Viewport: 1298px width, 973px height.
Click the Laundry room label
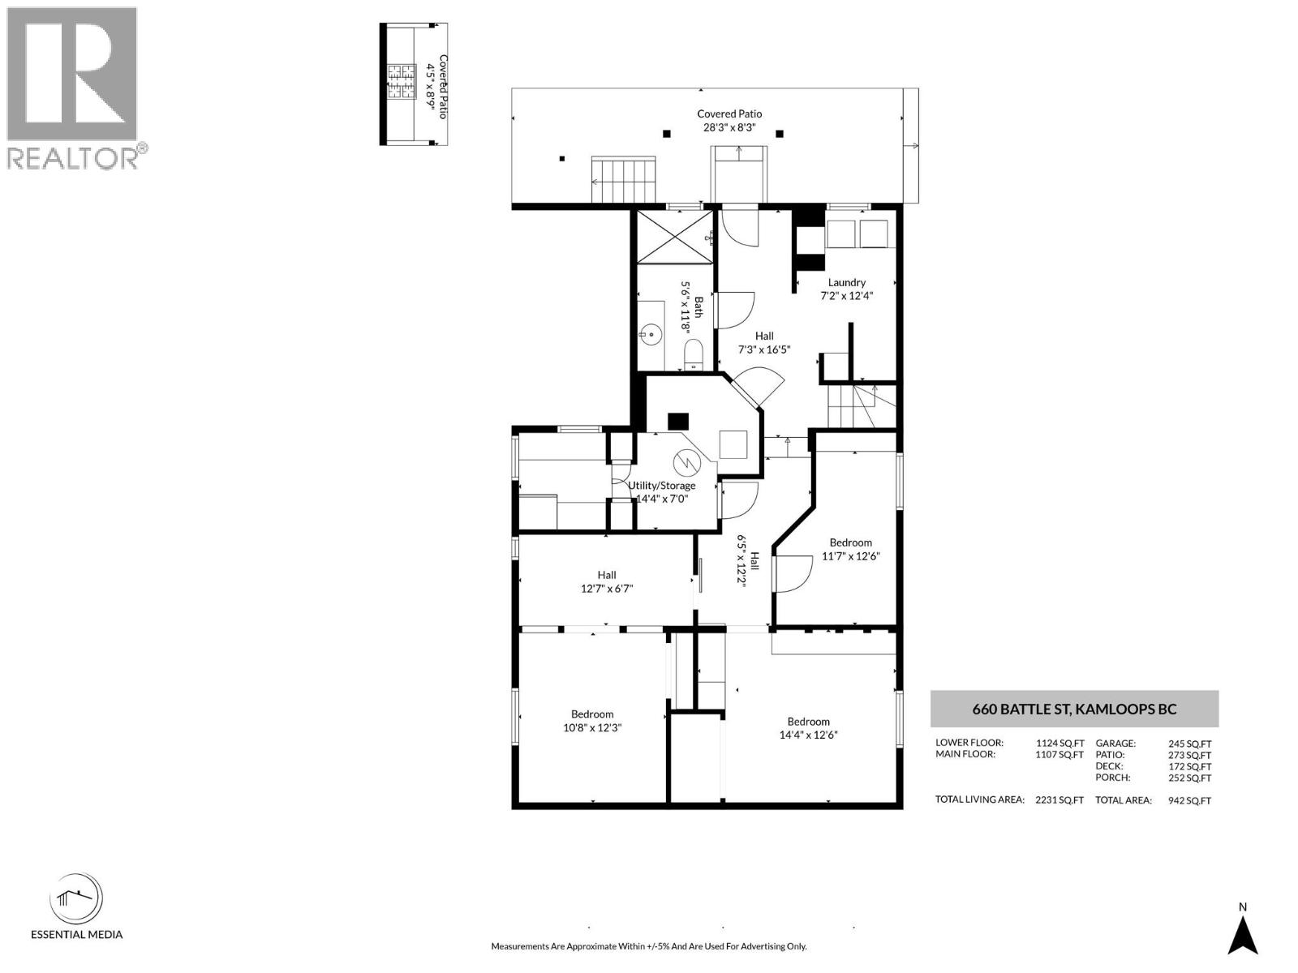point(846,282)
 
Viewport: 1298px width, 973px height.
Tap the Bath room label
point(698,306)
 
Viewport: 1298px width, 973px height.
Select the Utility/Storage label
point(661,486)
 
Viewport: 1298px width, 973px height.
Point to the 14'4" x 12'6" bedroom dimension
point(808,735)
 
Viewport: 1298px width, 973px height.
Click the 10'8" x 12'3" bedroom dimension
point(592,727)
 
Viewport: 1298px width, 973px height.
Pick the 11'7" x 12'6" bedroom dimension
point(850,556)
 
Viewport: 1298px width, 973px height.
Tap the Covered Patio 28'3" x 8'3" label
point(729,120)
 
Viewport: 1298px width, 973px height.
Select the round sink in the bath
point(651,335)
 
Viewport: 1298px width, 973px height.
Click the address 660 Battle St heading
point(1074,709)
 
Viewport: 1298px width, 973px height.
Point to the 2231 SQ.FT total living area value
point(1059,800)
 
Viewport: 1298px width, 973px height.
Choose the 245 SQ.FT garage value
point(1189,744)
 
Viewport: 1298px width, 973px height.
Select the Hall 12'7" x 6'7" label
point(607,581)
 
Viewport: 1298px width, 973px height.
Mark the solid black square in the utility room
point(677,421)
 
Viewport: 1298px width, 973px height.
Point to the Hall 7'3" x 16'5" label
point(764,343)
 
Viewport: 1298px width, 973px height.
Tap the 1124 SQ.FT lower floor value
point(1059,744)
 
